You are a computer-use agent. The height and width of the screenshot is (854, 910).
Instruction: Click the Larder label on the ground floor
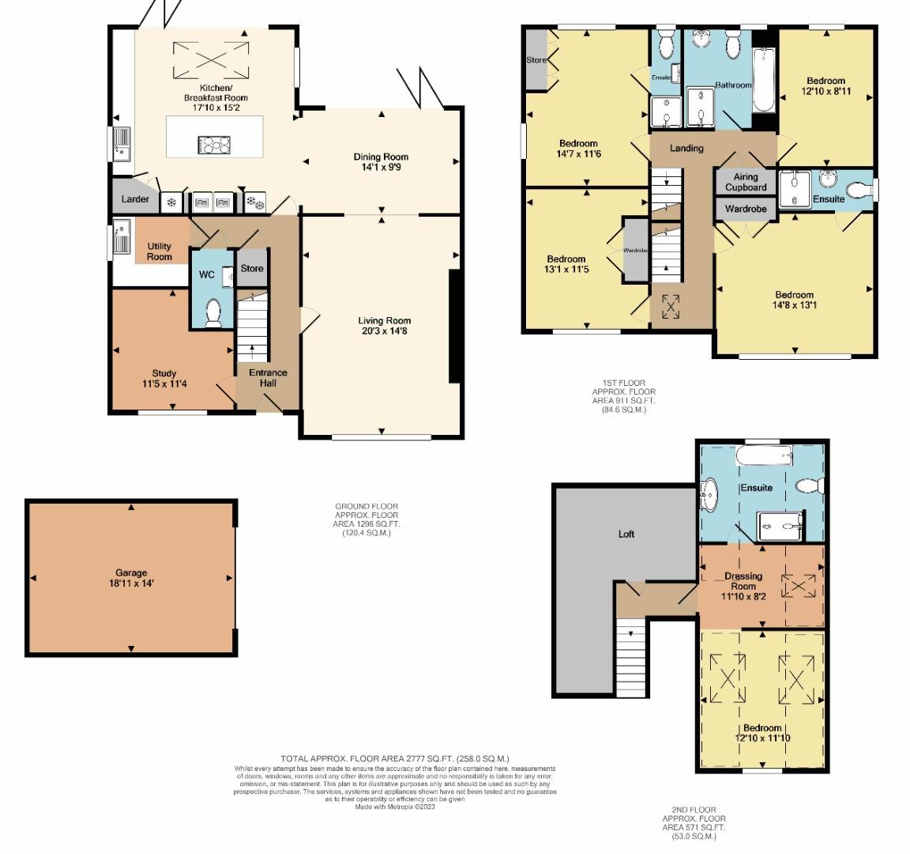click(x=135, y=199)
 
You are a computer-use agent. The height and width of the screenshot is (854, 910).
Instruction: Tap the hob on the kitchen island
click(x=213, y=145)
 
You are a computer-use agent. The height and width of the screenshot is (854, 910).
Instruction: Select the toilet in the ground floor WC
click(x=212, y=313)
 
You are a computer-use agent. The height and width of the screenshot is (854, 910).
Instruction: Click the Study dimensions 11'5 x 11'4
click(x=164, y=384)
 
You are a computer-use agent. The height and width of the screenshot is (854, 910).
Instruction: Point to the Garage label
click(x=130, y=573)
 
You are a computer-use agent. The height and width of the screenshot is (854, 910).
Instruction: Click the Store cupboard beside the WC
click(x=252, y=269)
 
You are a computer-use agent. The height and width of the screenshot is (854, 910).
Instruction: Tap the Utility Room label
click(x=159, y=251)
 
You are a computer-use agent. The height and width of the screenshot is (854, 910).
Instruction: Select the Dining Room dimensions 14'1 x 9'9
click(x=381, y=168)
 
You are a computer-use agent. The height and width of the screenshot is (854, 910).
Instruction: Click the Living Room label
click(x=385, y=320)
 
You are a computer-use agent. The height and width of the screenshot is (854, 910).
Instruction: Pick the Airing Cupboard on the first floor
click(x=746, y=183)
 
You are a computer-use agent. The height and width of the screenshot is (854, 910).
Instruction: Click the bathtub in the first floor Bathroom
click(x=765, y=81)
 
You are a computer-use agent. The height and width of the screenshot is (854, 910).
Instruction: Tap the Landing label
click(x=686, y=148)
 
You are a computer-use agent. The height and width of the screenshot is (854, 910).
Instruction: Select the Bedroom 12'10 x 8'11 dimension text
click(x=825, y=92)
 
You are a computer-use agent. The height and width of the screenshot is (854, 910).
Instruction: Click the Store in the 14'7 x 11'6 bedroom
click(x=537, y=60)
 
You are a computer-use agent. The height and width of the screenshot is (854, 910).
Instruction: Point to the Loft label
click(x=626, y=535)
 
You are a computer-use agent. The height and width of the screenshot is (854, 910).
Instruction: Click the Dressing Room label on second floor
click(x=743, y=581)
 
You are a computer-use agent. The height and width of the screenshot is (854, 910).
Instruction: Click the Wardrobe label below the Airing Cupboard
click(x=746, y=210)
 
